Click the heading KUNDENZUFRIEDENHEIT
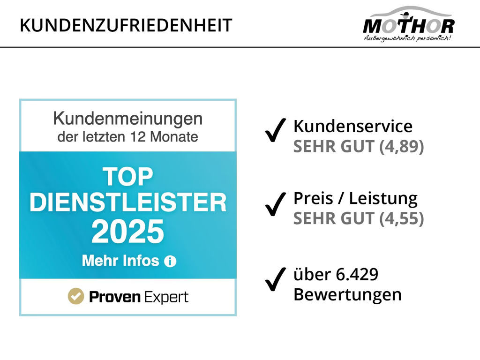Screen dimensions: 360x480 pos(126,25)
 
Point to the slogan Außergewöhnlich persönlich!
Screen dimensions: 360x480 pos(407,38)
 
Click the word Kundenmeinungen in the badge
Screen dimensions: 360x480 pos(127,119)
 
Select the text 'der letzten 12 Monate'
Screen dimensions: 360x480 pos(127,137)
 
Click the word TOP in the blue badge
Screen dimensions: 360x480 pos(127,177)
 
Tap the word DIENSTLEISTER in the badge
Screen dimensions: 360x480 pos(127,203)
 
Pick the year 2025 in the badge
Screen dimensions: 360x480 pos(127,232)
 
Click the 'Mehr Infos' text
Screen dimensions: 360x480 pos(120,261)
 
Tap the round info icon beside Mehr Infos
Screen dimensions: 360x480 pos(170,262)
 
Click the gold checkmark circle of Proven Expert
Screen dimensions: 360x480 pos(75,296)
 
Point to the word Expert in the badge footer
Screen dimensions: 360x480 pos(166,297)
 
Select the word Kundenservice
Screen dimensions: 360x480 pos(352,127)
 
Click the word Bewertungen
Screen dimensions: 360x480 pos(347,294)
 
